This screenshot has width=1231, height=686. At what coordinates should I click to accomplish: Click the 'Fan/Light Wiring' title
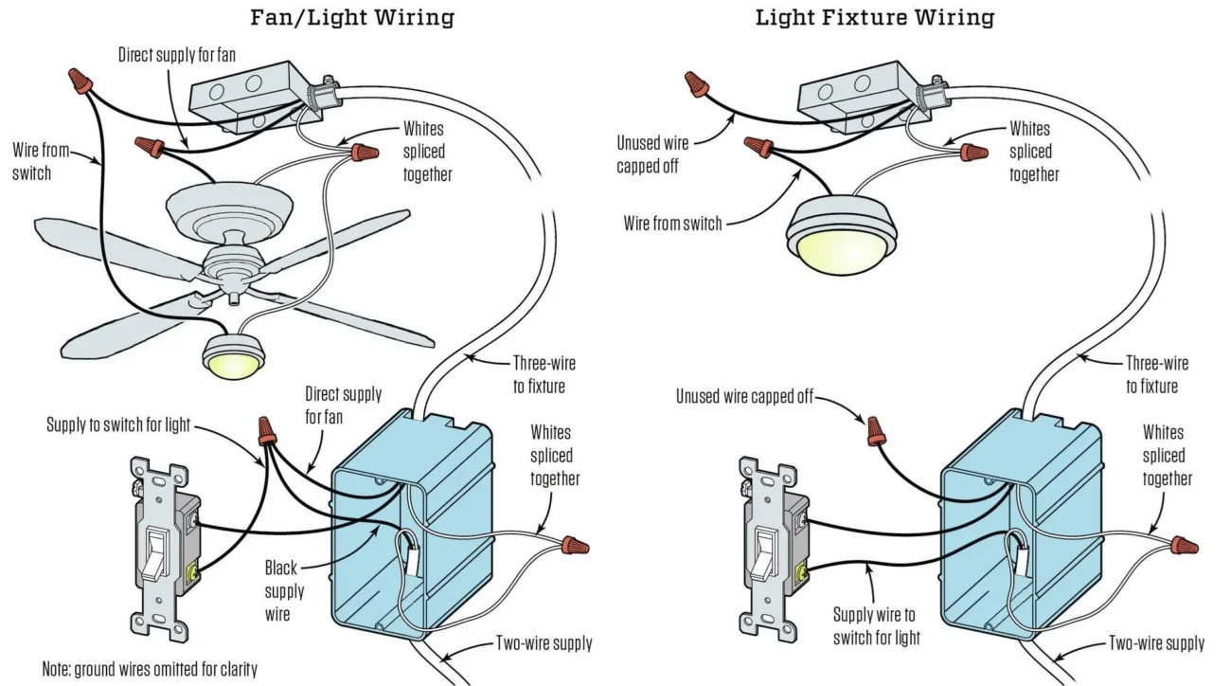point(351,17)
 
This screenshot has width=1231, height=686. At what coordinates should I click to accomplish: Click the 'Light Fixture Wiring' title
point(874,17)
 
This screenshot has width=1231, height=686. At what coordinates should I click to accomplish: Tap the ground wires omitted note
point(149,669)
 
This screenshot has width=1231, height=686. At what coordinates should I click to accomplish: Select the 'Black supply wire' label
point(283,591)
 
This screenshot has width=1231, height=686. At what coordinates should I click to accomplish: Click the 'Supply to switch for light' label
point(119,425)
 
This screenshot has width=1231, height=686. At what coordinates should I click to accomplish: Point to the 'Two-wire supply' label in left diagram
point(544,643)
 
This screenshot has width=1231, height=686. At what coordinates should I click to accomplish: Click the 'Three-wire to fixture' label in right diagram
point(1156,374)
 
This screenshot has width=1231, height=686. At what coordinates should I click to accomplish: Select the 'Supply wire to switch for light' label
point(876,626)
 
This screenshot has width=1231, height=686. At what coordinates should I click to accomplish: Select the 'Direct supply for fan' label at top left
point(176,55)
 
